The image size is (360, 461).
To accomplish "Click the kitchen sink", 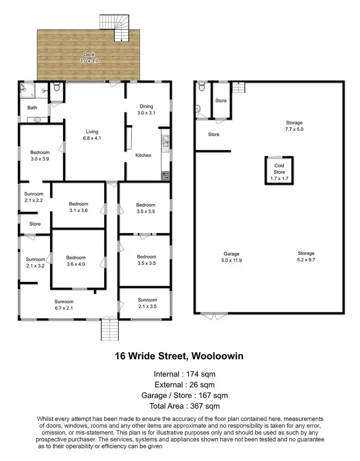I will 165,141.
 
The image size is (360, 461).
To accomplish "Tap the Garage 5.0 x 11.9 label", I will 231,257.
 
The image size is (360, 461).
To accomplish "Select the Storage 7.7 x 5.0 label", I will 294,126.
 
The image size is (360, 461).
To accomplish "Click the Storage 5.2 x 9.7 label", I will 306,256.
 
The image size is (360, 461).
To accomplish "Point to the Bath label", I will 32,108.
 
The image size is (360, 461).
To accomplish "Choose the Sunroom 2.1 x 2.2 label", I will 34,197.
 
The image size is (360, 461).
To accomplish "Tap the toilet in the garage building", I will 202,87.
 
